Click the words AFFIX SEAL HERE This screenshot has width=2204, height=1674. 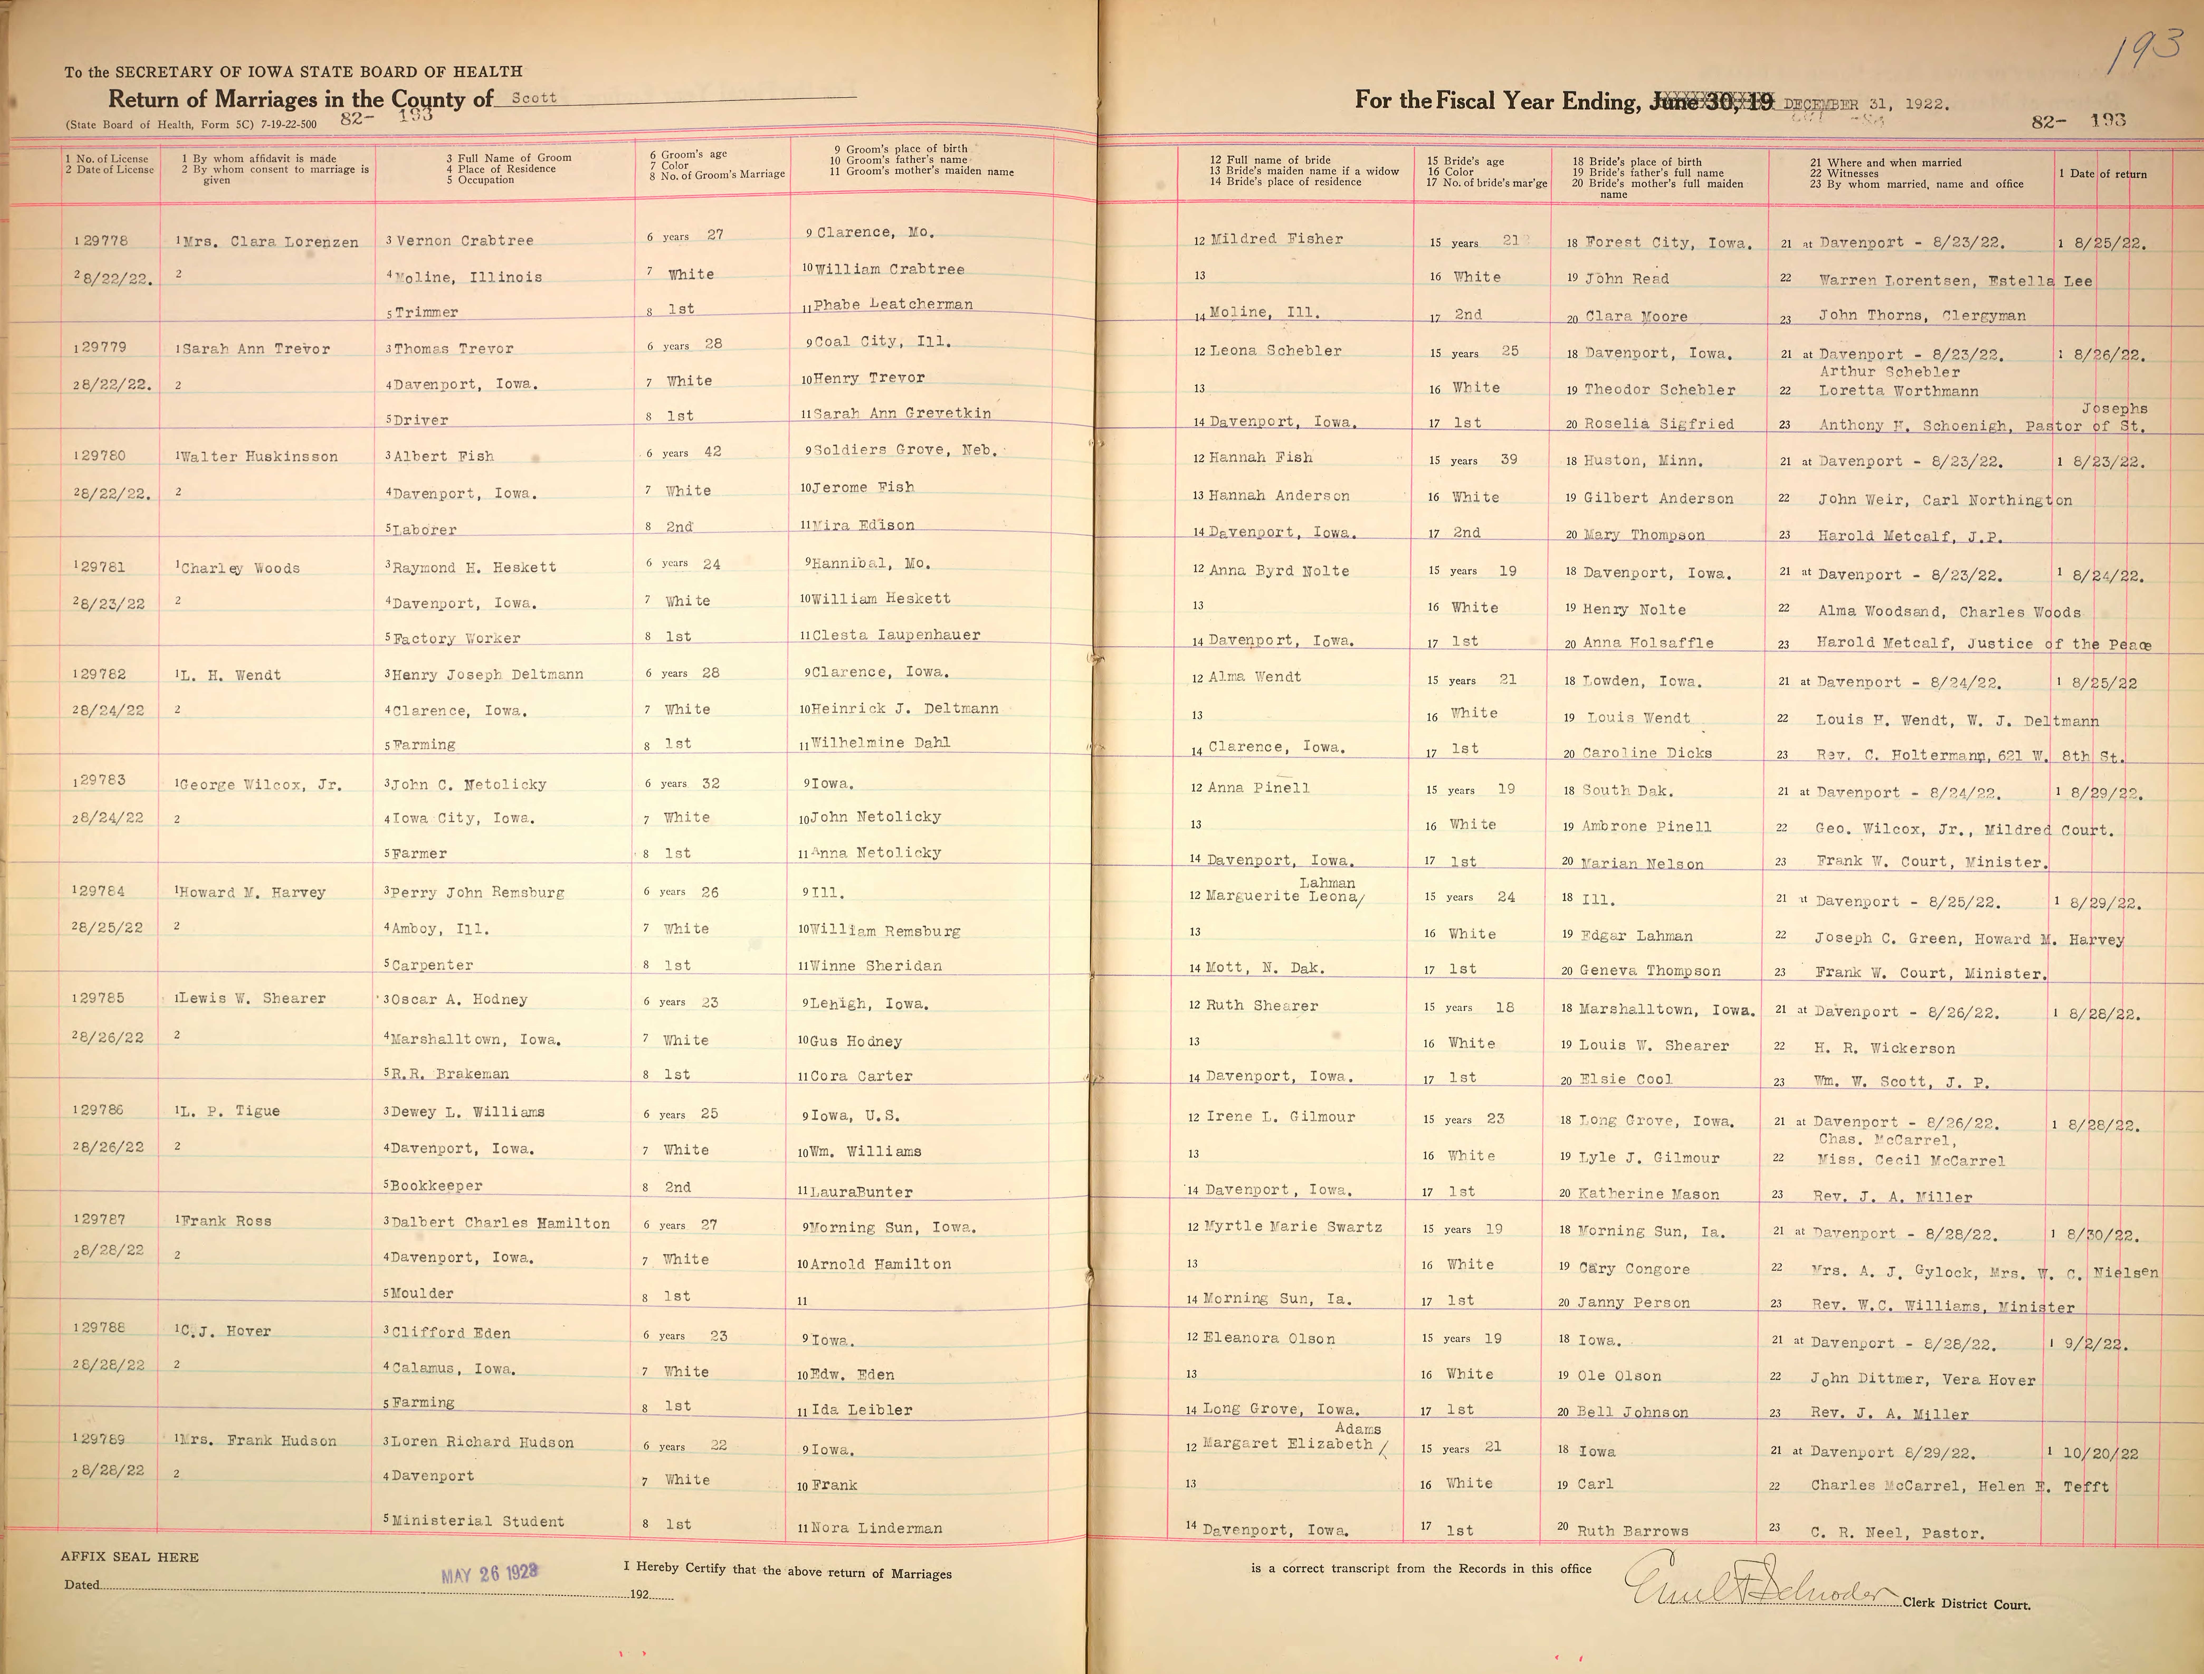[x=130, y=1556]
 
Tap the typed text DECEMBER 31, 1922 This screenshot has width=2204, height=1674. [x=1865, y=104]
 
